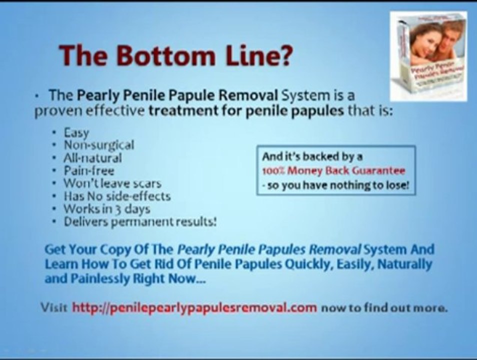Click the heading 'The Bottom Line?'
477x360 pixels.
tap(175, 55)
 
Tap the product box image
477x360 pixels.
tap(428, 56)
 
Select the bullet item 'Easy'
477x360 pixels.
tap(76, 133)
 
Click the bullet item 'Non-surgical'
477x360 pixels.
tap(99, 145)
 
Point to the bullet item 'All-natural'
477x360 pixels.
tap(92, 158)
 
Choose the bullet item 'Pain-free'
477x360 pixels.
tap(89, 170)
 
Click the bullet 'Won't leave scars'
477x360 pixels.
tap(112, 183)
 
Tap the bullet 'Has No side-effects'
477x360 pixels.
tap(117, 196)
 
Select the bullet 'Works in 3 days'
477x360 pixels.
tap(107, 209)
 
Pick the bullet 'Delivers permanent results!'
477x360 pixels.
tap(140, 221)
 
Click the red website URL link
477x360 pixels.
tap(194, 308)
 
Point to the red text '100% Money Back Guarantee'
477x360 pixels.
tap(333, 170)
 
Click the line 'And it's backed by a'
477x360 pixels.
tap(312, 156)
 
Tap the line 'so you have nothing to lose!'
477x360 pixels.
tap(336, 184)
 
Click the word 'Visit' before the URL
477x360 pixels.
tap(54, 307)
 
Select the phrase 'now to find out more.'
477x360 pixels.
tap(384, 307)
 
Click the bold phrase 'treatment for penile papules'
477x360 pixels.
tap(246, 111)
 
